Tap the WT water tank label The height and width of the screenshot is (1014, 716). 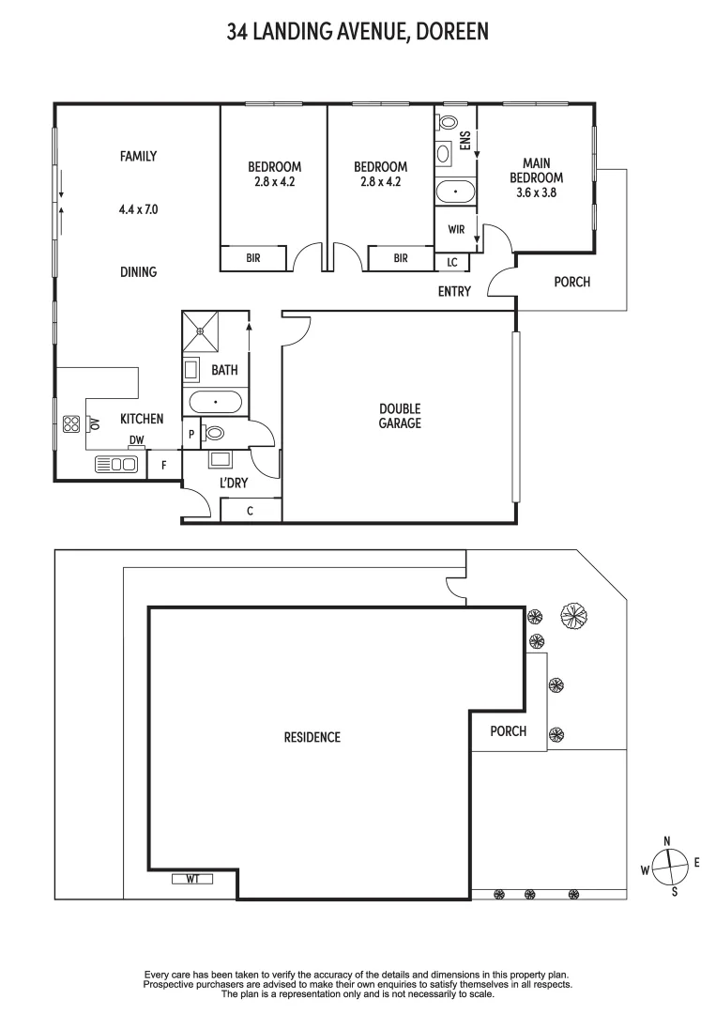coord(193,879)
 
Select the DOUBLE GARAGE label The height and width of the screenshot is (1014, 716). coord(400,416)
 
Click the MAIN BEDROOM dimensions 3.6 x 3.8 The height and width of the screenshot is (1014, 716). coord(536,192)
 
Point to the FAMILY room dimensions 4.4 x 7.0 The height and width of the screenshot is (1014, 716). coord(138,209)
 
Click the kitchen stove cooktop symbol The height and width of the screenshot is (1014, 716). coord(71,423)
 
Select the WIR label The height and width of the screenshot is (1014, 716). coord(456,229)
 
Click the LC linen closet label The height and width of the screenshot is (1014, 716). coord(452,262)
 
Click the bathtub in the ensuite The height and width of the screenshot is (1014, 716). coord(456,192)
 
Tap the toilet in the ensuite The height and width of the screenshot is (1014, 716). coord(447,123)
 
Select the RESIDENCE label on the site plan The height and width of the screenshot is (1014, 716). coord(312,737)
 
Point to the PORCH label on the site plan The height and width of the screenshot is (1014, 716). coord(509,731)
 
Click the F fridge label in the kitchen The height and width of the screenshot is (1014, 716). coord(164,464)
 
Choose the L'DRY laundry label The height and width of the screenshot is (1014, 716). coord(233,483)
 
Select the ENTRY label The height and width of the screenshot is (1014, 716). coord(454,292)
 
